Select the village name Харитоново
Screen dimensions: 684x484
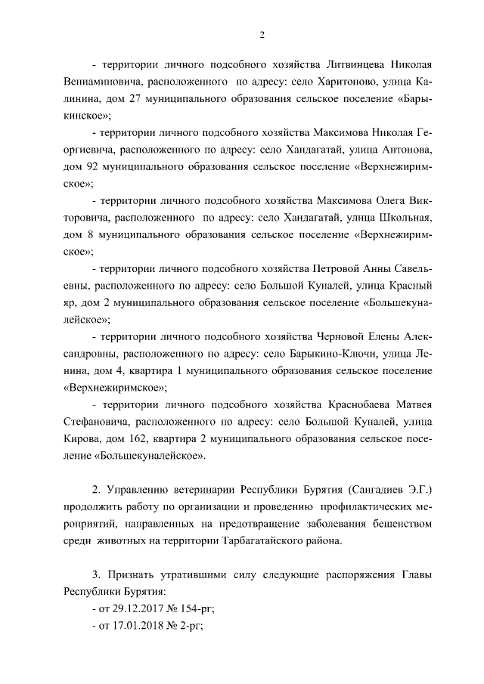coord(338,80)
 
